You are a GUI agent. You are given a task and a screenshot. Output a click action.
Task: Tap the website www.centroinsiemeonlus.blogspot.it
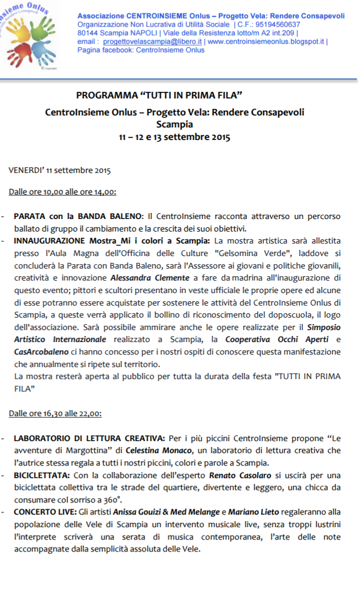tap(265, 42)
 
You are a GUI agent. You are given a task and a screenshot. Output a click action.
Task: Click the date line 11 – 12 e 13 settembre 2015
tap(174, 137)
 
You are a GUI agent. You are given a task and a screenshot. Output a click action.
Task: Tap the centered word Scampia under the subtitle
tap(174, 124)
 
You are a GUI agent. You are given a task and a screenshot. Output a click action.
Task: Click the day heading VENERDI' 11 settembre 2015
tap(59, 170)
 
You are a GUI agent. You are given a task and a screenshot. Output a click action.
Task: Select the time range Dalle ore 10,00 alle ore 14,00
tap(62, 191)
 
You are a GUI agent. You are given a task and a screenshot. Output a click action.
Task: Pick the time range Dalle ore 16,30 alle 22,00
tap(55, 413)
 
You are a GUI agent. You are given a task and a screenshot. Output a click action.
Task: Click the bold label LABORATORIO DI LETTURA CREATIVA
tap(89, 438)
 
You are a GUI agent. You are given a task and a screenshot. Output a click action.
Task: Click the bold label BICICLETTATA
tap(41, 475)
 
